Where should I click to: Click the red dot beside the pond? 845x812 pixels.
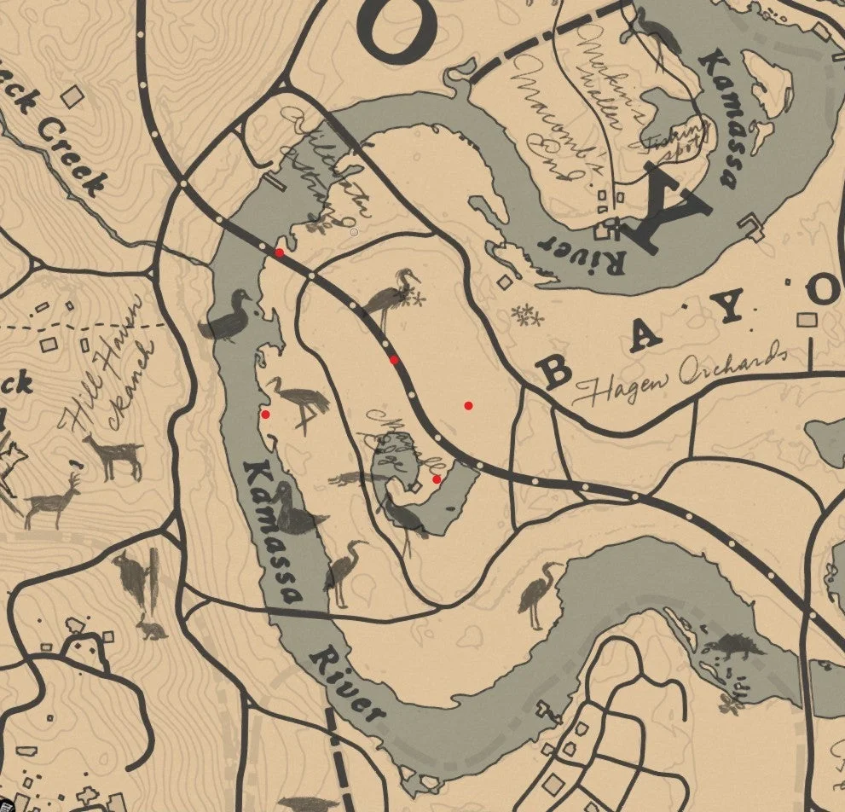[x=437, y=479]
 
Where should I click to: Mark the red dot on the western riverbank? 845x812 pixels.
[x=265, y=415]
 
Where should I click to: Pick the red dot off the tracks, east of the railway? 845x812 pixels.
[x=468, y=405]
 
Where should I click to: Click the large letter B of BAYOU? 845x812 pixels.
[x=556, y=372]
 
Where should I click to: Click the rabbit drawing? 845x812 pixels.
[x=152, y=630]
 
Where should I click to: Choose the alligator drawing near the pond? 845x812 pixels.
[x=358, y=478]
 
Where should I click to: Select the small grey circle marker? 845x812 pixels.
[x=355, y=231]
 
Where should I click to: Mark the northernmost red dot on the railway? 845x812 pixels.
[x=280, y=252]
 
